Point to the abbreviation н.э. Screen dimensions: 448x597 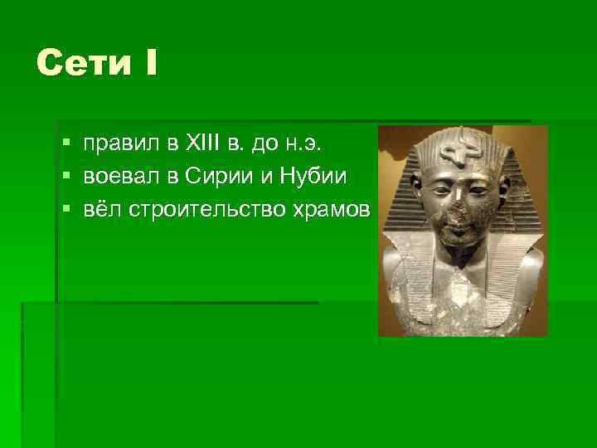[x=301, y=145]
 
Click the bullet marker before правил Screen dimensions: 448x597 [x=65, y=145]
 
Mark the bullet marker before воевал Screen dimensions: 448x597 [x=65, y=176]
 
